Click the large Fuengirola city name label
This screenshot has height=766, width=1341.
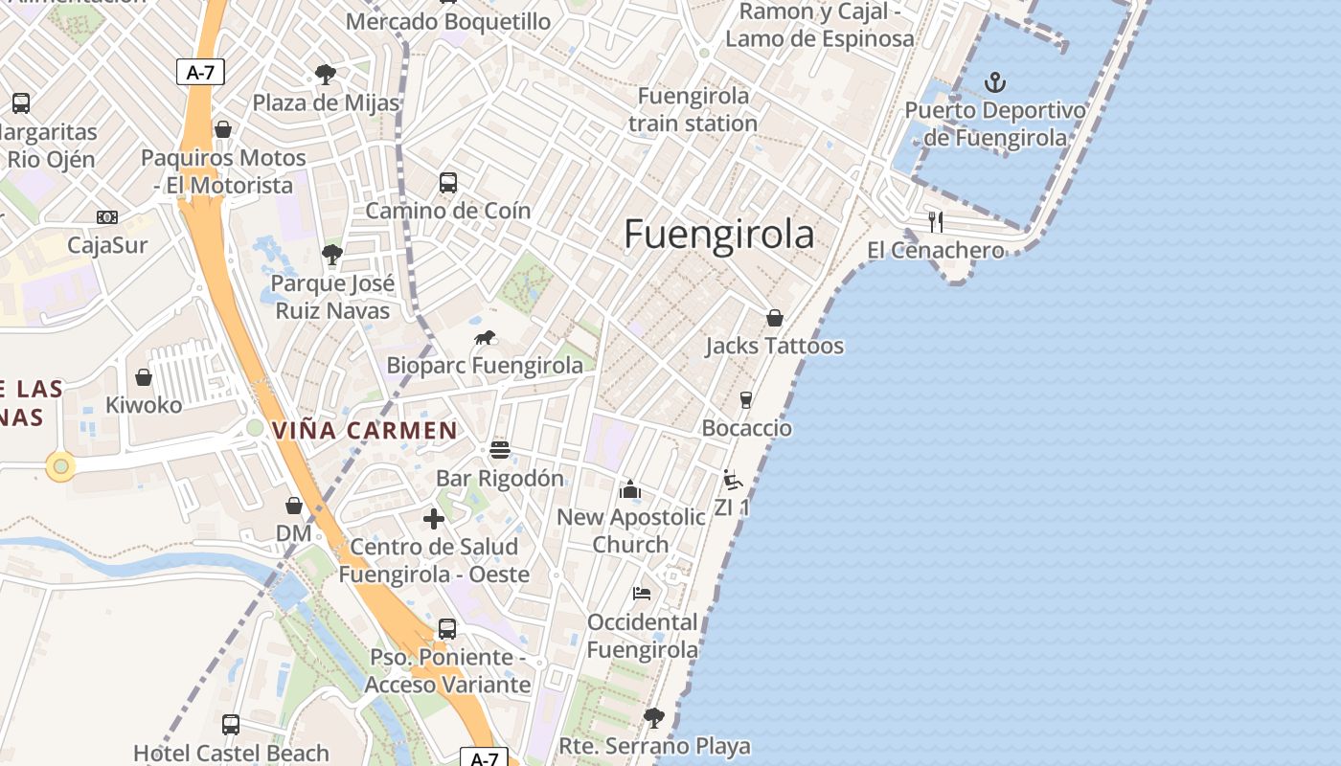(718, 234)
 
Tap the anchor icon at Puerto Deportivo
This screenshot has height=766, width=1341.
(995, 81)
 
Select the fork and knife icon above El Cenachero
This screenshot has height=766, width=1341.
(936, 222)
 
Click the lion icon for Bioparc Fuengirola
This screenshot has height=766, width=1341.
(486, 338)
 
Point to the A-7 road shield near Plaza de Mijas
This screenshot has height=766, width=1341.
(200, 71)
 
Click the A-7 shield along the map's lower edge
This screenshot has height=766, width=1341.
(485, 758)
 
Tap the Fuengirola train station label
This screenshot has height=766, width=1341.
(693, 109)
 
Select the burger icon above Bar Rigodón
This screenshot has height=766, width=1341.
(500, 449)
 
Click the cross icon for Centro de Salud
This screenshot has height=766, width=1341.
(434, 519)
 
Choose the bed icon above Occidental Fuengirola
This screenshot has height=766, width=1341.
(642, 594)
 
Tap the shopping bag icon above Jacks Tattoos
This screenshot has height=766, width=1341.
(774, 318)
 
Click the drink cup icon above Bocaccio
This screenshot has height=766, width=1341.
(746, 399)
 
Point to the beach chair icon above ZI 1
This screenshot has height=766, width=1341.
(733, 480)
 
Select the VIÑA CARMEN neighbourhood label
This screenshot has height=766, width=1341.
(365, 430)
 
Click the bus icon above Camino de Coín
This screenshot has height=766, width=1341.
(447, 182)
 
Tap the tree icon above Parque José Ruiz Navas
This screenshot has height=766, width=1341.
(332, 255)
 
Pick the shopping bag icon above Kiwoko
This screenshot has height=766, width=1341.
(144, 377)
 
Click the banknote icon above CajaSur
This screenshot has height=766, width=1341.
(107, 217)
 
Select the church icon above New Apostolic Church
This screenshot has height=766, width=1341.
(630, 489)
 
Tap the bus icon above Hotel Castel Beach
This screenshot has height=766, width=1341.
(231, 725)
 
